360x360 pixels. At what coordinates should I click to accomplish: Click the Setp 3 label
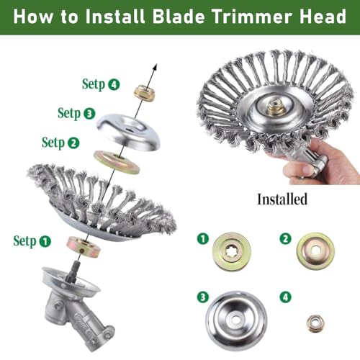click(x=76, y=113)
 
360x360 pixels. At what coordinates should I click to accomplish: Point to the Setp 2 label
click(x=60, y=142)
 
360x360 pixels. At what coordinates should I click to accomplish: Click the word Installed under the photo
click(x=282, y=198)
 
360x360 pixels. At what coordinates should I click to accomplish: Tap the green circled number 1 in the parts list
click(x=204, y=235)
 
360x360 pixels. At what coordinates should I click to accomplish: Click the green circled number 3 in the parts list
click(x=204, y=297)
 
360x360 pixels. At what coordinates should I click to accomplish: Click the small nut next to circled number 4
click(x=315, y=323)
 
